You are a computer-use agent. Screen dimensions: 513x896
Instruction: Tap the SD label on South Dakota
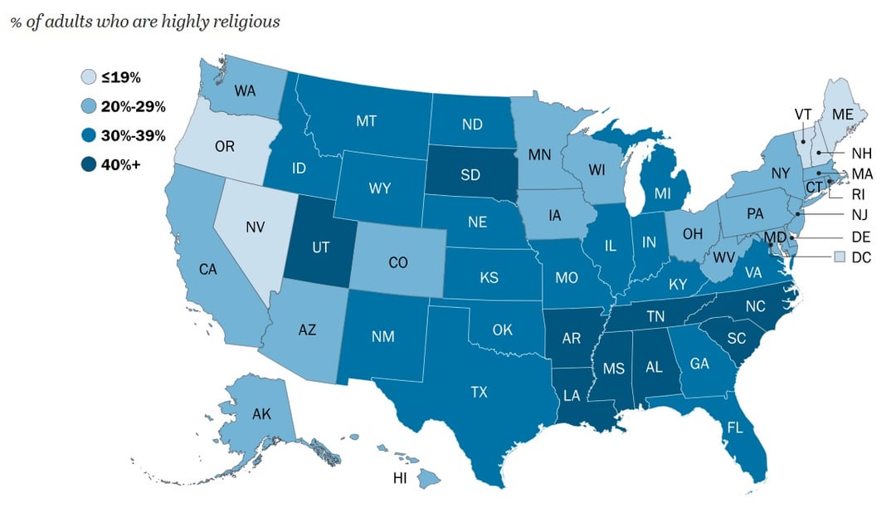point(471,176)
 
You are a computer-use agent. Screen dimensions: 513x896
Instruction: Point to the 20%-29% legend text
point(134,106)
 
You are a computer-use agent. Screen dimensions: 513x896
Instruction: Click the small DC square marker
point(840,257)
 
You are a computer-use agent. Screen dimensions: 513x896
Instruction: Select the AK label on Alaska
point(261,414)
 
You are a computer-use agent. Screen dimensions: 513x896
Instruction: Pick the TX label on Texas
point(479,392)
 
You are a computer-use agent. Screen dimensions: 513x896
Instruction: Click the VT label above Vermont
point(802,114)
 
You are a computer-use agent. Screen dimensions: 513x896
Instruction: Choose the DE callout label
point(861,237)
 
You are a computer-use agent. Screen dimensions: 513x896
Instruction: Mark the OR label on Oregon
point(224,147)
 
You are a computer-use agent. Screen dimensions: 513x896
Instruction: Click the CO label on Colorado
point(398,262)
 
